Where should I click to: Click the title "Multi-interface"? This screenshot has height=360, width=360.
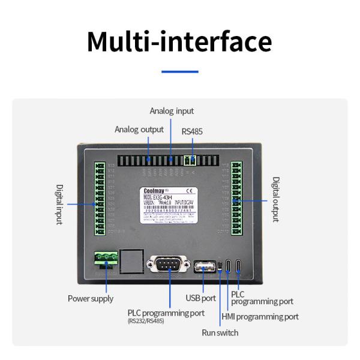click(179, 41)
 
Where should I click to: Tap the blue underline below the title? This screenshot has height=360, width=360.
click(179, 72)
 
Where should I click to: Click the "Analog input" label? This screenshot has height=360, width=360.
click(172, 111)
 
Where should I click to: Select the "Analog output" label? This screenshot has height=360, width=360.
click(139, 130)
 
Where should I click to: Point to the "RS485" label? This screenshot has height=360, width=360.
click(193, 130)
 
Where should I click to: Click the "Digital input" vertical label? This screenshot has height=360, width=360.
click(59, 204)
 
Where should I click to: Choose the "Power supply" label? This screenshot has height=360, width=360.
click(90, 298)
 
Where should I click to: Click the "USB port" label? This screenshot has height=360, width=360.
click(201, 298)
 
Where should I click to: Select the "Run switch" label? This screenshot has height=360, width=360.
click(220, 332)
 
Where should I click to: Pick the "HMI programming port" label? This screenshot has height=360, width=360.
click(260, 316)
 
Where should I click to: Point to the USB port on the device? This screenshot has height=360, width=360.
click(204, 265)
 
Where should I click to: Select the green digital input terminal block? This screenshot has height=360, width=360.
click(100, 199)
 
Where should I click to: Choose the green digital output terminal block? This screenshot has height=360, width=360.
click(236, 199)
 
